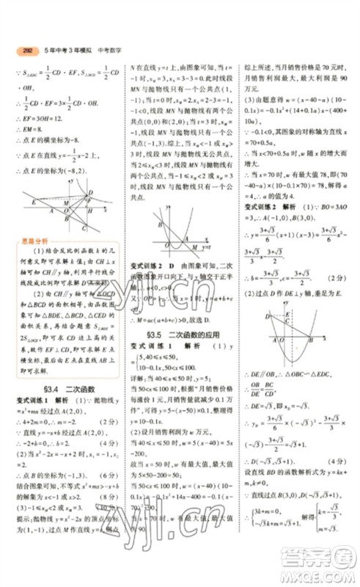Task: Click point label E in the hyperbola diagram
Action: click(34, 200)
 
